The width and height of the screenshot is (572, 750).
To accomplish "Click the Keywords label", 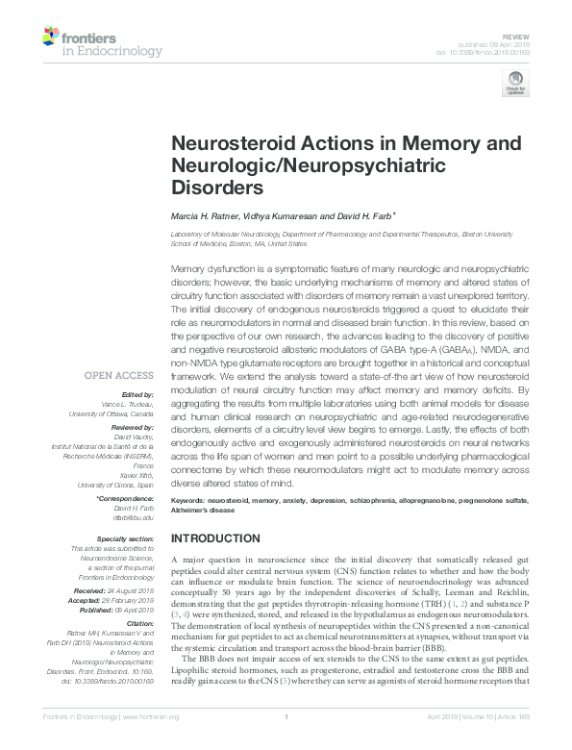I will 187,502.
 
